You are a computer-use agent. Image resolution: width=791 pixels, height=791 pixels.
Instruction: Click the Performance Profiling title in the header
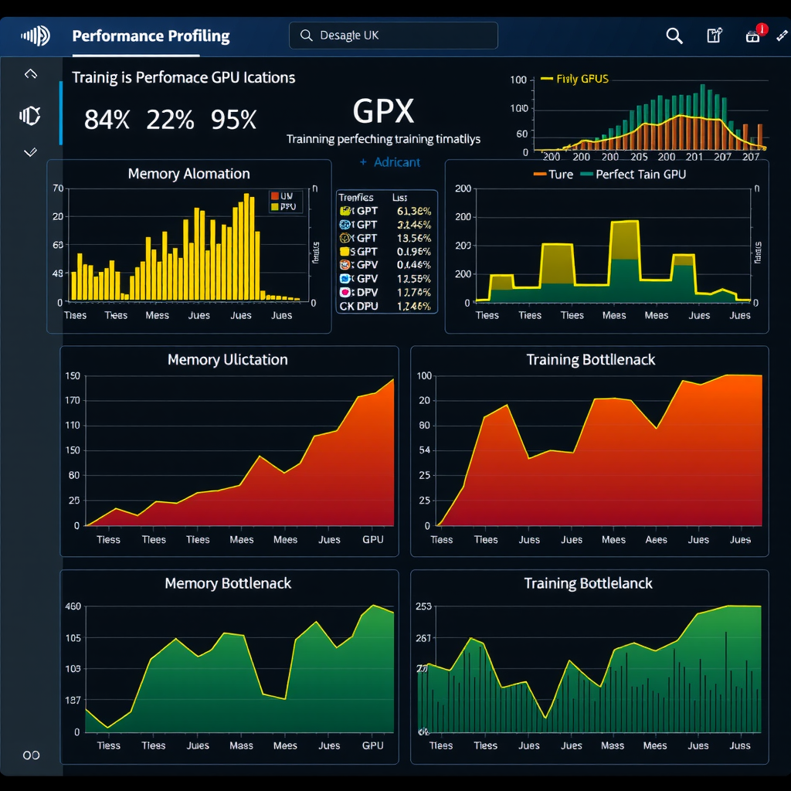coord(151,36)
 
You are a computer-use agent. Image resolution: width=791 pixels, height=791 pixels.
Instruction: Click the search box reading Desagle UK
coord(393,36)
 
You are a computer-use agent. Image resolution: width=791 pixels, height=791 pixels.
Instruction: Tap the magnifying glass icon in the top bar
coord(674,36)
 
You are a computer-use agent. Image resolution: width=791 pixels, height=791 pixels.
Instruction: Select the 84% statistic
coord(107,120)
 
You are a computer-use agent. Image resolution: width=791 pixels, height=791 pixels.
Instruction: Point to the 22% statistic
coord(170,120)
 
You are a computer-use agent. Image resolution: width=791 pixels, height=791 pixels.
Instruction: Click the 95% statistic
coord(233,120)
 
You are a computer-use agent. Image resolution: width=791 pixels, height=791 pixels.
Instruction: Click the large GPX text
coord(383,112)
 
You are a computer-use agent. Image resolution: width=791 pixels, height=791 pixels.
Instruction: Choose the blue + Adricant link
coord(390,162)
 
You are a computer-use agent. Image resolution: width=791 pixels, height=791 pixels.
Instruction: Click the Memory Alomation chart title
coord(188,174)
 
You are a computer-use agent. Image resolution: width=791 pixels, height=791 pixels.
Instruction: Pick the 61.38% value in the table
coord(413,211)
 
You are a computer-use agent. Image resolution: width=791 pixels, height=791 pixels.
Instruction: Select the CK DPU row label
coord(358,307)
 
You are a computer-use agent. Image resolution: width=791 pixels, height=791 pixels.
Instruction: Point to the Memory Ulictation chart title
coord(227,360)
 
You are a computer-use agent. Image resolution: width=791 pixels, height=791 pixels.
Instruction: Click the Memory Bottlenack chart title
coord(228,584)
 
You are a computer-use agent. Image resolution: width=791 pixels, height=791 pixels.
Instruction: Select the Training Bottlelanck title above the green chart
coord(588,584)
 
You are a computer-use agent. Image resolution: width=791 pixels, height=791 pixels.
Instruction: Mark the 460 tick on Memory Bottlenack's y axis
coord(72,606)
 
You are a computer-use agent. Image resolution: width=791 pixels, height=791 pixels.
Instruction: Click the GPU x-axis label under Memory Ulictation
coord(372,540)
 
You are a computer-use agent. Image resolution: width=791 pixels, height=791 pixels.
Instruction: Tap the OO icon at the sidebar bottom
coord(31,755)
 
